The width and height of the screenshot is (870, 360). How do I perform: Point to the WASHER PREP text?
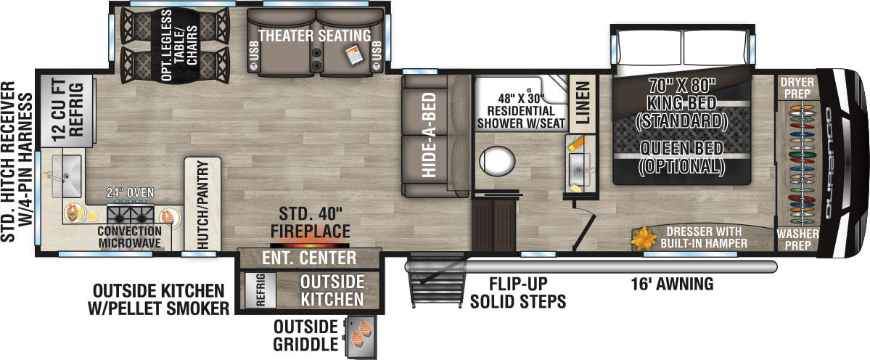797,240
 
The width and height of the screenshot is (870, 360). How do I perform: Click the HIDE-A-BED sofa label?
429,136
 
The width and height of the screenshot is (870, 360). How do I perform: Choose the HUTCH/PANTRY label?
201,205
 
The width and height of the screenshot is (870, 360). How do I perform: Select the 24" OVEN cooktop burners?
131,215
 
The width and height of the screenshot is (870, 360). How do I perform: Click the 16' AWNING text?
673,284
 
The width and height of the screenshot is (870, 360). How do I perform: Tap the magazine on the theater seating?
353,53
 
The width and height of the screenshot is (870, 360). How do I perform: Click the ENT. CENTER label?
309,258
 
